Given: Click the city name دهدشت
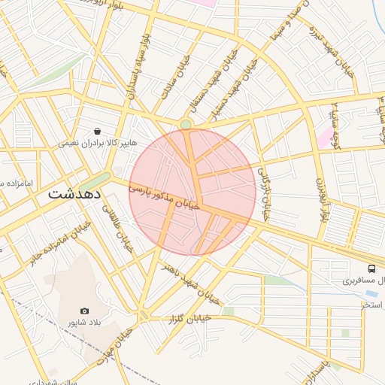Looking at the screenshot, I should click(75, 192).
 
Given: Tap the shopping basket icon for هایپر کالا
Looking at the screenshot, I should click(98, 131).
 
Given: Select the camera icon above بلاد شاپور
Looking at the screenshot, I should click(84, 311).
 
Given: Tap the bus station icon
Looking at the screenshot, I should click(371, 268).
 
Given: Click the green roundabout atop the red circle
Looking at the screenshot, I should click(186, 124).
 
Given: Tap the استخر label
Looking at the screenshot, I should click(372, 305).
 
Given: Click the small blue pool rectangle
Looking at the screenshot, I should click(371, 294).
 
